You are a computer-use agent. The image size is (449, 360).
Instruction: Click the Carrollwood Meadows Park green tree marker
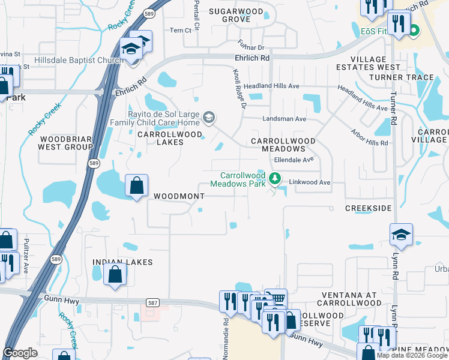pyautogui.click(x=274, y=178)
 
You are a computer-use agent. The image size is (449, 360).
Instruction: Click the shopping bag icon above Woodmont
pyautogui.click(x=137, y=186)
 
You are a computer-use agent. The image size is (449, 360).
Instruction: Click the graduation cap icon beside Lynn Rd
pyautogui.click(x=401, y=235)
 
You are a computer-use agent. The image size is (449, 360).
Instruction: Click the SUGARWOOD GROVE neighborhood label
pyautogui.click(x=236, y=15)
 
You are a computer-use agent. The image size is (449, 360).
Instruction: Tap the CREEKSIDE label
pyautogui.click(x=368, y=208)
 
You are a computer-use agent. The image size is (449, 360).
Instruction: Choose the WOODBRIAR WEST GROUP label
pyautogui.click(x=65, y=142)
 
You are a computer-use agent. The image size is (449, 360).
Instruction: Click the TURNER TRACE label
pyautogui.click(x=401, y=77)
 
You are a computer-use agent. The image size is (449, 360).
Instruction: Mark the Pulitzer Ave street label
pyautogui.click(x=26, y=259)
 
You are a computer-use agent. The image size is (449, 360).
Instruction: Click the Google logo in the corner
pyautogui.click(x=20, y=352)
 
